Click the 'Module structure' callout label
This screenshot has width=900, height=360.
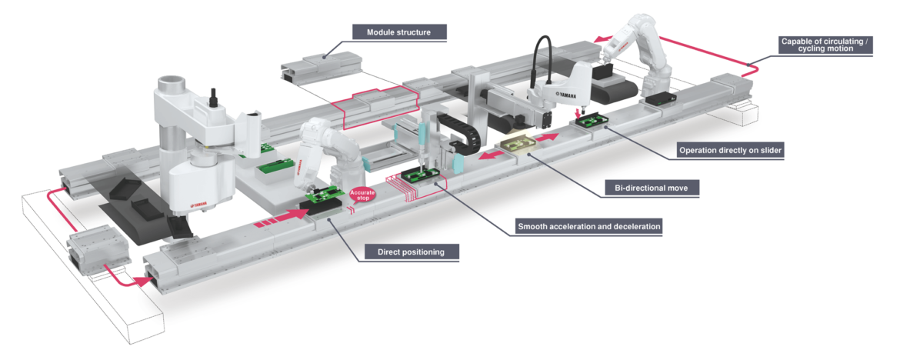point(398,32)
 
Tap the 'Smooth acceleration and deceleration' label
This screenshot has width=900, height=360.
point(589,227)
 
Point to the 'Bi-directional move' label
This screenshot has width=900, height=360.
point(651,187)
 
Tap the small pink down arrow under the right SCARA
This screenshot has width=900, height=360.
point(577,114)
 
